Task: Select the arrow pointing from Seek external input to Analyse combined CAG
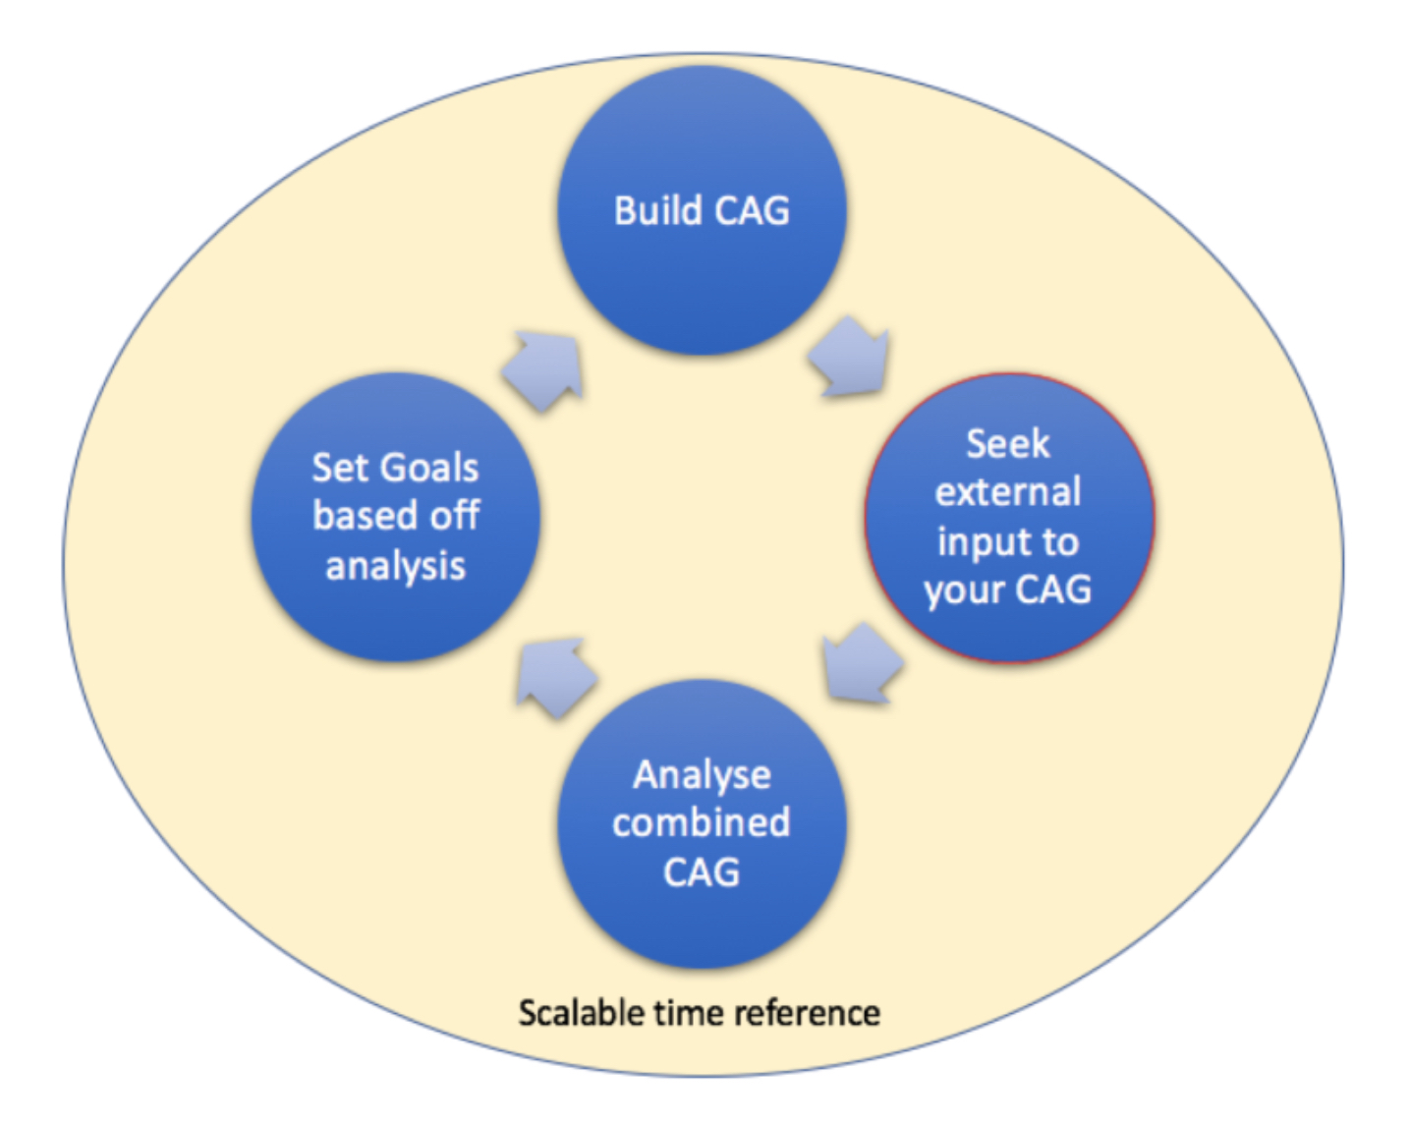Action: pyautogui.click(x=861, y=665)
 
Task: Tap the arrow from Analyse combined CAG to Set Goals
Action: pyautogui.click(x=556, y=675)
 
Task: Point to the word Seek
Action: pyautogui.click(x=1007, y=444)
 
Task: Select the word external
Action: pyautogui.click(x=1007, y=491)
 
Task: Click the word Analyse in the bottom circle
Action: pyautogui.click(x=702, y=775)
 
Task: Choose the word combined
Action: pyautogui.click(x=702, y=822)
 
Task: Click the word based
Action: pyautogui.click(x=363, y=516)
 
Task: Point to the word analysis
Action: pyautogui.click(x=395, y=567)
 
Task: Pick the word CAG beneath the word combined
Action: pyautogui.click(x=702, y=872)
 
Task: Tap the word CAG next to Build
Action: pyautogui.click(x=752, y=211)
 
